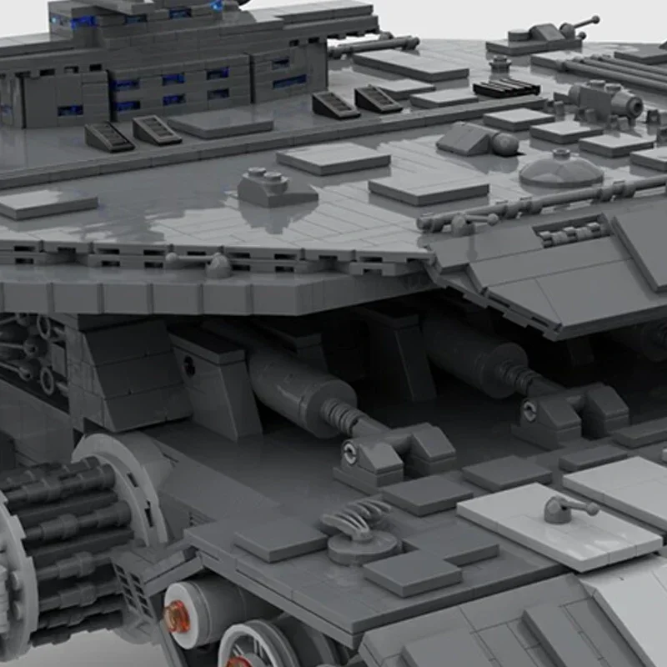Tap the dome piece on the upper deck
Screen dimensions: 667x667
point(560,169)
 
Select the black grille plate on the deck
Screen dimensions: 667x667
point(505,87)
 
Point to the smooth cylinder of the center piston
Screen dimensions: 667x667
point(292,384)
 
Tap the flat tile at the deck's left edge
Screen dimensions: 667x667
point(46,203)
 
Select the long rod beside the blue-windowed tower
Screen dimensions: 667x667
point(375,46)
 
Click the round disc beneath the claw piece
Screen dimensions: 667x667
point(360,546)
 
